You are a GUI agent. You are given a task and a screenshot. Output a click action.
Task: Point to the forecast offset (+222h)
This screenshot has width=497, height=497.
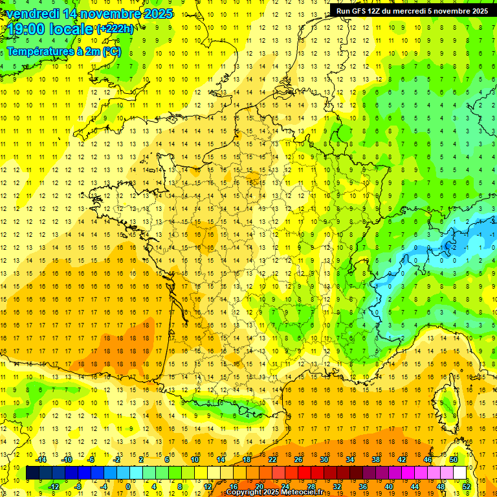(115, 29)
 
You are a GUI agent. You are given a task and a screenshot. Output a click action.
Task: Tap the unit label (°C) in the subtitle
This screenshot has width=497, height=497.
(111, 51)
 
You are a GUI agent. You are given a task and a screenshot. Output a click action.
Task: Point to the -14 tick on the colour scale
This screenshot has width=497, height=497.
(41, 459)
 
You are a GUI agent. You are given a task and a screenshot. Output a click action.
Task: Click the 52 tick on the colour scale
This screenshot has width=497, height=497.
(467, 486)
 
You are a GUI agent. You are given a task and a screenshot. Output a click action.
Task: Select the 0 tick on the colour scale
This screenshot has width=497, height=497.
(128, 486)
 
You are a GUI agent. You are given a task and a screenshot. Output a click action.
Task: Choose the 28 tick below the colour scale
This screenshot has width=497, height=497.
(311, 486)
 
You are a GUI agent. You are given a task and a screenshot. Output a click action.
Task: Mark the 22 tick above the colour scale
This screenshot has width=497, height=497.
(272, 459)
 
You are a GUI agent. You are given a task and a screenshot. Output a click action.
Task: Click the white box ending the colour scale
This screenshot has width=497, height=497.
(459, 473)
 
